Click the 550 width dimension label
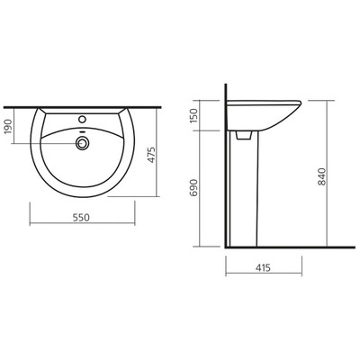pos(81,217)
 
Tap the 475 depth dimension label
pos(152,155)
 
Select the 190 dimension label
pos(9,126)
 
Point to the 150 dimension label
pos(194,115)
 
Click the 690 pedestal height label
pos(194,187)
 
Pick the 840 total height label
pos(321,176)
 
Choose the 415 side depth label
pos(263,267)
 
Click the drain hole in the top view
pos(82,143)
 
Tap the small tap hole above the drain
pos(82,119)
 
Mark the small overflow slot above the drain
pos(82,131)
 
